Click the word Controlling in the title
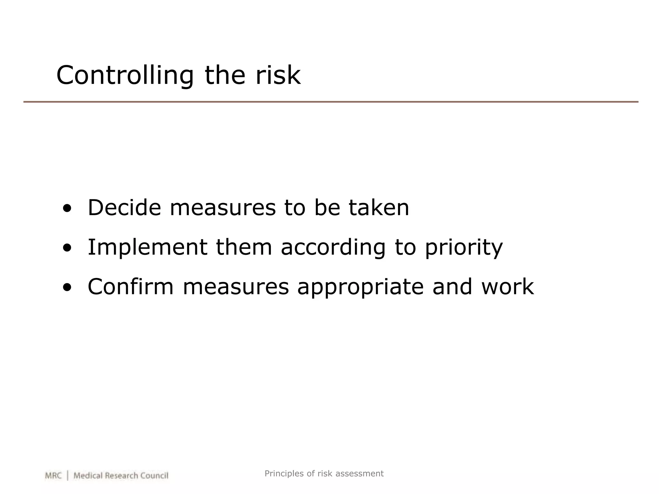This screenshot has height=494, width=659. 125,76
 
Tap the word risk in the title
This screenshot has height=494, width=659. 278,75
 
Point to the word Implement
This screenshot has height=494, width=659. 147,247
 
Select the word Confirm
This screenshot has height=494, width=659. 131,287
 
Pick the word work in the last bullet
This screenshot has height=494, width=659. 507,287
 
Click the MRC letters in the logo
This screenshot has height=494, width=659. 53,476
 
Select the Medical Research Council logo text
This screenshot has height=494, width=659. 121,476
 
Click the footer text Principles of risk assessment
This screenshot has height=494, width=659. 324,473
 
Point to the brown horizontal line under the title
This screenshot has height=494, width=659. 331,102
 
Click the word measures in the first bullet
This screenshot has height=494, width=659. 223,208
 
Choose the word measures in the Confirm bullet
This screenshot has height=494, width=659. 236,287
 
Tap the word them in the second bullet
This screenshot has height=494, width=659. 244,247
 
